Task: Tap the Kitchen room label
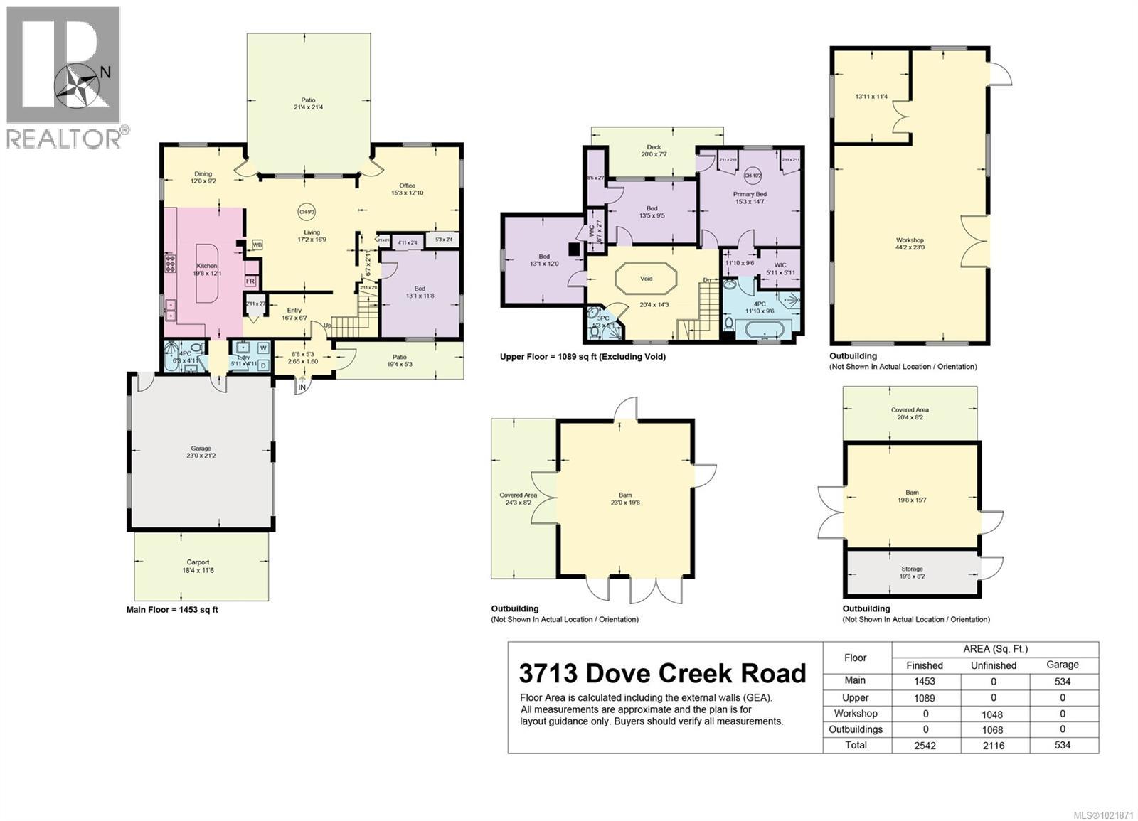(206, 266)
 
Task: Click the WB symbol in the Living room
(257, 245)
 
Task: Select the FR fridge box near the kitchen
(250, 281)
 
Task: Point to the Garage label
(201, 449)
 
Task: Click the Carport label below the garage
(198, 562)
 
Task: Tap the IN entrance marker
(302, 387)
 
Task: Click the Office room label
(407, 186)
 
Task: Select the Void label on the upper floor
(646, 279)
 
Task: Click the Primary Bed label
(750, 194)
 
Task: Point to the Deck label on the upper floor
(654, 147)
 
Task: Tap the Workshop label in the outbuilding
(910, 240)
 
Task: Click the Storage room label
(912, 569)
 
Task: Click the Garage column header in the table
(1063, 665)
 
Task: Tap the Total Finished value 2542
(925, 746)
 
